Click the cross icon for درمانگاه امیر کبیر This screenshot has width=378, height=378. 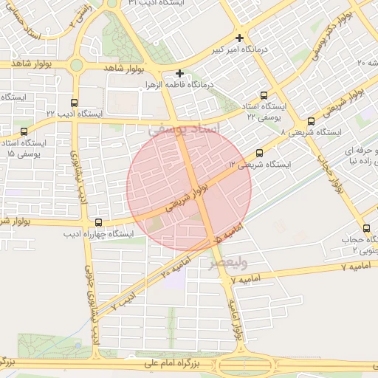239,38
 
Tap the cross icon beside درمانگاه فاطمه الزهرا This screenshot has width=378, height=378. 179,73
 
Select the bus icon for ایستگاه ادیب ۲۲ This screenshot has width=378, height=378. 73,103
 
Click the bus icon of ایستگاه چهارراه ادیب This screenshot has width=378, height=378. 99,222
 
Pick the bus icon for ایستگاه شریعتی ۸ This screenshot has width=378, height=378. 310,122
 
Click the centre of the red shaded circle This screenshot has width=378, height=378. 189,187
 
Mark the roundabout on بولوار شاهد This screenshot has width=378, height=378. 76,65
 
